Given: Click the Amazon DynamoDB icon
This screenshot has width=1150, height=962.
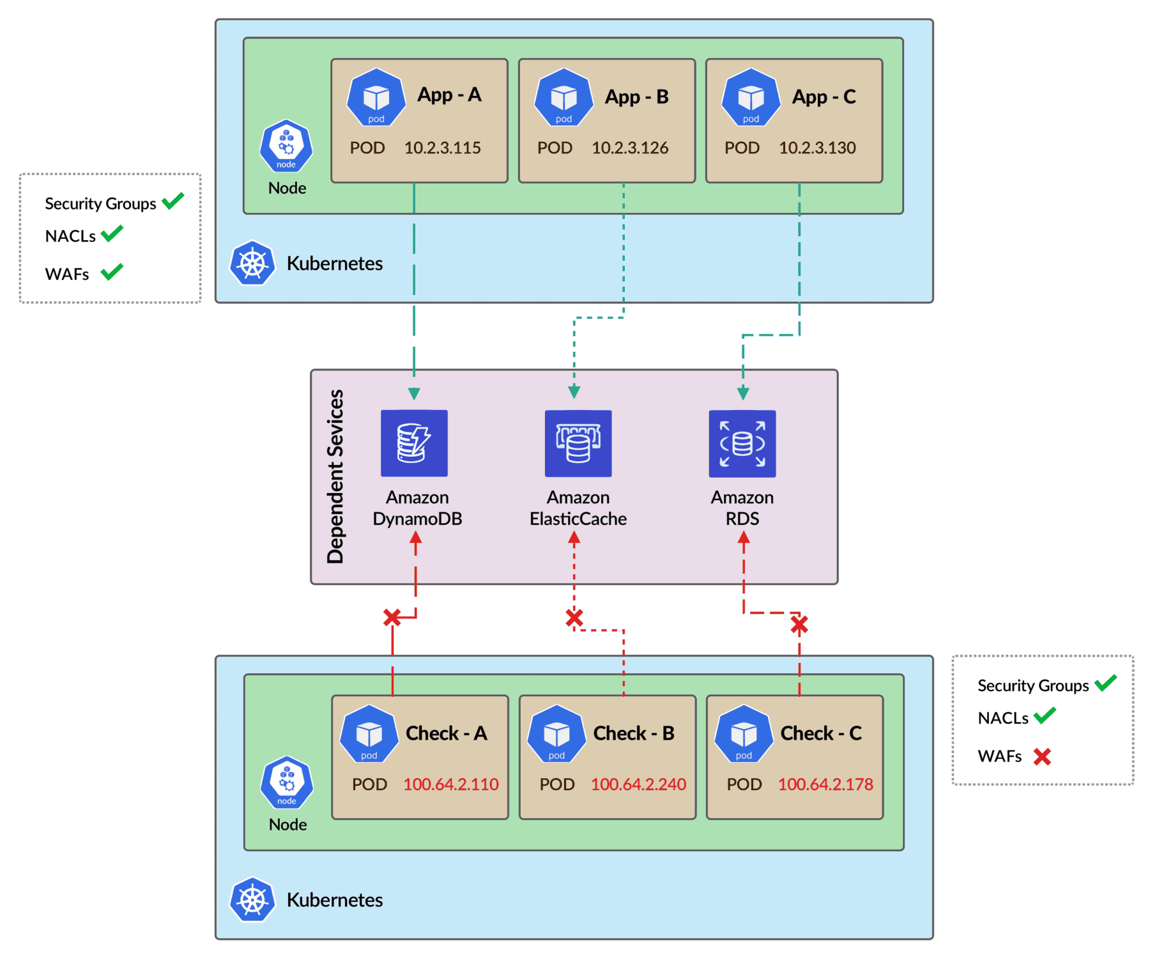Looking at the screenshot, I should click(x=414, y=443).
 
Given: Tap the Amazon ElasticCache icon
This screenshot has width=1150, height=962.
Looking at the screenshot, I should click(x=578, y=443).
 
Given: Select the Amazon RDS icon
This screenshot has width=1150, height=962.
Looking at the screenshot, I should click(x=742, y=443).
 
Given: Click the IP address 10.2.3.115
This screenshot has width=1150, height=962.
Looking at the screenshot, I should click(x=442, y=148).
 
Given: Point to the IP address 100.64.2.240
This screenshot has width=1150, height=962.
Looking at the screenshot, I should click(x=638, y=784).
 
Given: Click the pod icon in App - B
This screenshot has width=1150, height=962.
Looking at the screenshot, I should click(x=563, y=98).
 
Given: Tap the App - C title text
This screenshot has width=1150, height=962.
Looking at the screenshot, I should click(x=824, y=96).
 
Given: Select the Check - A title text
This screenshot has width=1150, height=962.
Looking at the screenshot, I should click(x=446, y=733).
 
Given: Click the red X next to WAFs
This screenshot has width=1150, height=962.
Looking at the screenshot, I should click(x=1042, y=756).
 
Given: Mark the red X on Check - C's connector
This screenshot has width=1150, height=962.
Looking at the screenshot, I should click(x=799, y=624).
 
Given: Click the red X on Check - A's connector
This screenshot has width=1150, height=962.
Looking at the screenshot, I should click(x=392, y=617).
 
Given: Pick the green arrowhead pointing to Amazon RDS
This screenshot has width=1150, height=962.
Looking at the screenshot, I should click(x=743, y=392).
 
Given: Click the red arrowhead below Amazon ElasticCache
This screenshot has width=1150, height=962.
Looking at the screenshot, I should click(x=574, y=538).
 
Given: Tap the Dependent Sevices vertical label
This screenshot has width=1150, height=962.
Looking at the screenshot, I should click(x=335, y=477).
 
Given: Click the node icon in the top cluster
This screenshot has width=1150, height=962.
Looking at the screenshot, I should click(x=286, y=146).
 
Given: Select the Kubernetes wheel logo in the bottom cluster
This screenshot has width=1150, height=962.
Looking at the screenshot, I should click(x=252, y=899).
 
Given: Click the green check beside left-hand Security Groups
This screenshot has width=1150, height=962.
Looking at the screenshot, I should click(x=172, y=201).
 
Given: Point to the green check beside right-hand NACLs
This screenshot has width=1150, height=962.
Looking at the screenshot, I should click(x=1045, y=715).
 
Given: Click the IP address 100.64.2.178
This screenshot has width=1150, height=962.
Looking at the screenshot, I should click(x=825, y=784).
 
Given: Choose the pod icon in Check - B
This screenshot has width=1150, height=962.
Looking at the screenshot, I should click(x=556, y=734).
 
